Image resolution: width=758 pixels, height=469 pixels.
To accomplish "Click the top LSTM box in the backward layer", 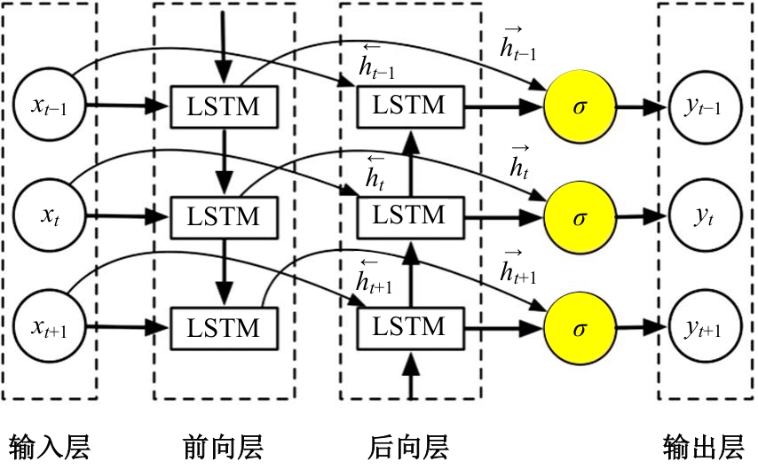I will [x=408, y=106].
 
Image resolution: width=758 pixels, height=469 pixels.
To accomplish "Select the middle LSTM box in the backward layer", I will [x=408, y=215].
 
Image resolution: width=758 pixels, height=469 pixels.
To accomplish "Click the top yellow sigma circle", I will [x=580, y=107].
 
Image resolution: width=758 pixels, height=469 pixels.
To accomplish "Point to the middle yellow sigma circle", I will [x=580, y=215].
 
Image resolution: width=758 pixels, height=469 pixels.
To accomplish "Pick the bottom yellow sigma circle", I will [x=580, y=328].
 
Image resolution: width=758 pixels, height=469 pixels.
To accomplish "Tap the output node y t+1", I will [x=702, y=328].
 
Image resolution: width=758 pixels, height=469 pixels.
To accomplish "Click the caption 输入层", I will [x=49, y=445].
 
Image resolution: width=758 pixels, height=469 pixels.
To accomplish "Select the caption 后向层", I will [x=408, y=445].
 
